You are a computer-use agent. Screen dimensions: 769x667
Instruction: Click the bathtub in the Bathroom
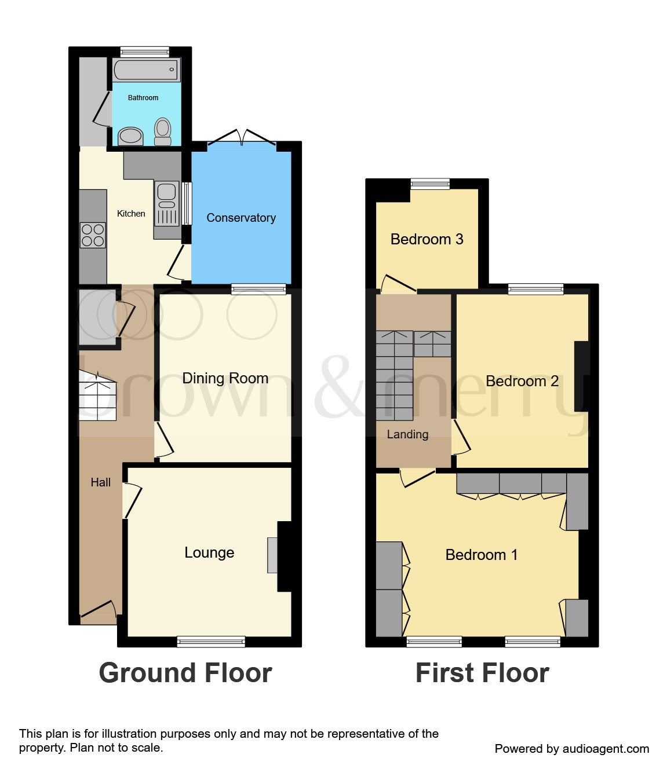click(x=147, y=71)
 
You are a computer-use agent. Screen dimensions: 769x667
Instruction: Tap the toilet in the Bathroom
click(x=163, y=131)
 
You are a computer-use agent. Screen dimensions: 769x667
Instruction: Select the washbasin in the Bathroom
click(x=131, y=137)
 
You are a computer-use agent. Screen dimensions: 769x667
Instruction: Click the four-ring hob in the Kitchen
click(x=93, y=235)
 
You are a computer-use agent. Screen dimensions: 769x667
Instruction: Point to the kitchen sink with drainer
click(x=167, y=203)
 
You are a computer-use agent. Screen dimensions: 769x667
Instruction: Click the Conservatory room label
click(x=241, y=218)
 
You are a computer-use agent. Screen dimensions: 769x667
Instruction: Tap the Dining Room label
click(x=225, y=378)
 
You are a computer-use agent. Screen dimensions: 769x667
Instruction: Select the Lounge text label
click(x=209, y=552)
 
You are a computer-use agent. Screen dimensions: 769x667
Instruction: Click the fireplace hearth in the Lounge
click(x=272, y=555)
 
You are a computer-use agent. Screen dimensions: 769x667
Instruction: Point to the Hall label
click(x=100, y=482)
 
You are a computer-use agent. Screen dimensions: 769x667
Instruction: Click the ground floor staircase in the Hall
click(x=97, y=396)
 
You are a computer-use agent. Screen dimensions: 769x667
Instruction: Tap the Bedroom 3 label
click(x=427, y=239)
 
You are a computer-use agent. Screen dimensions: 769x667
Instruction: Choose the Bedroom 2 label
click(x=522, y=381)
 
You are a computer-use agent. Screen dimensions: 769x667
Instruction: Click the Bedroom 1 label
click(x=481, y=555)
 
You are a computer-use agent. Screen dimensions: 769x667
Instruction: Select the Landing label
click(x=407, y=434)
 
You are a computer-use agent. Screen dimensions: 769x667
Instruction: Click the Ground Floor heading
click(x=185, y=673)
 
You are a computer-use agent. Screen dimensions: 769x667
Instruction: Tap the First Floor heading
click(x=482, y=673)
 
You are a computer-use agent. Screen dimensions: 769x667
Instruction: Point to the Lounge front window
click(x=211, y=641)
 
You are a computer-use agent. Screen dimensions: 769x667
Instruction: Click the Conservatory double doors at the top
click(x=242, y=137)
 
